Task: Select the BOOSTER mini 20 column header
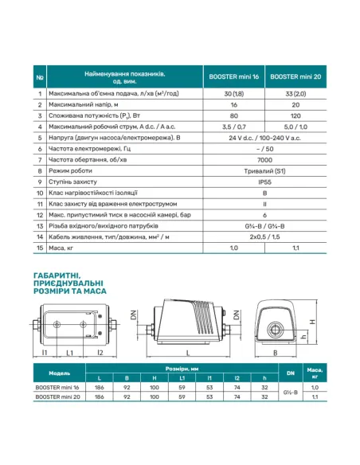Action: (x=295, y=78)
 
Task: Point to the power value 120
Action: (x=295, y=114)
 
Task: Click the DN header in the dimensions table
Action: (x=288, y=373)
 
